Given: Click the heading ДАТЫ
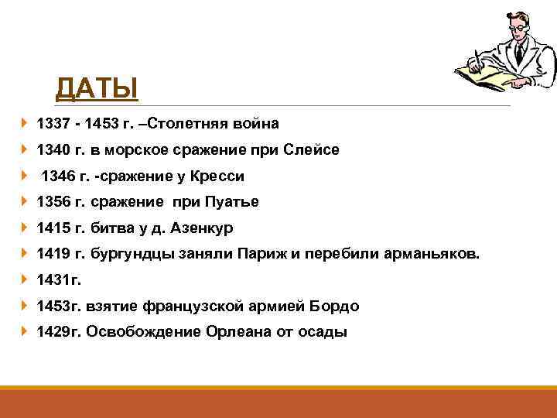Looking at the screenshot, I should pyautogui.click(x=97, y=87).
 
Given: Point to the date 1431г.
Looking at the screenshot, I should pyautogui.click(x=59, y=280).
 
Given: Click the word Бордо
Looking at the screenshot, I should pyautogui.click(x=335, y=307).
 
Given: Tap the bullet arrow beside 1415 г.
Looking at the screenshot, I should pyautogui.click(x=25, y=228).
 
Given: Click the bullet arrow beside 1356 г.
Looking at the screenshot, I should pyautogui.click(x=25, y=201).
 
